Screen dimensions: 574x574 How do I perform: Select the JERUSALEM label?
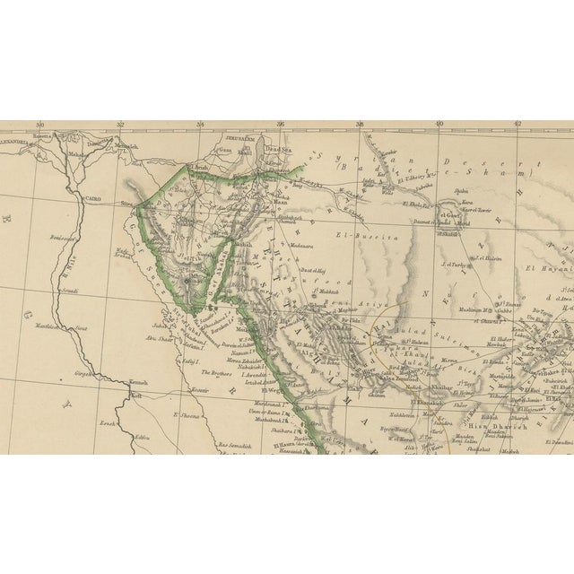pos(240,140)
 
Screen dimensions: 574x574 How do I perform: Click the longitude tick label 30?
pos(39,126)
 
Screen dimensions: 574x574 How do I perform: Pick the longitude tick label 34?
pos(200,126)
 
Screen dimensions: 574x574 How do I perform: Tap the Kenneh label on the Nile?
pos(138,383)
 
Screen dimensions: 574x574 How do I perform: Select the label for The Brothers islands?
pos(216,371)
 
